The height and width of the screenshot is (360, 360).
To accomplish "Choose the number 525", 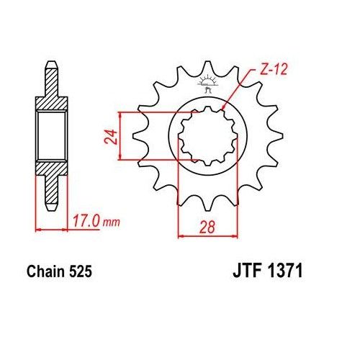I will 78,273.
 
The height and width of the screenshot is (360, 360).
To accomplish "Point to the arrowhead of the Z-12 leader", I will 225,108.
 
